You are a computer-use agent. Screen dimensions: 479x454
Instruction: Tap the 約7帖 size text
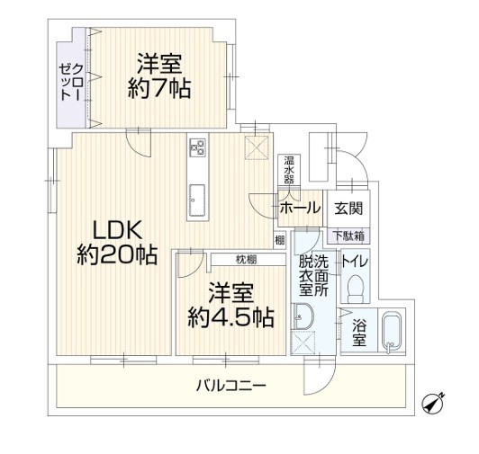[x=159, y=88]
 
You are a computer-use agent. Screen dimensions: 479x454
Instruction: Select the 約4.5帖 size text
[x=230, y=317]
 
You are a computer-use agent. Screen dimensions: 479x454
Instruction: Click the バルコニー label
[x=230, y=386]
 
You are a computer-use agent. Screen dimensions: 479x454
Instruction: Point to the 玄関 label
[x=348, y=209]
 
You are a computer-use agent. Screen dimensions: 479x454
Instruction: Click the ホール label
[x=301, y=208]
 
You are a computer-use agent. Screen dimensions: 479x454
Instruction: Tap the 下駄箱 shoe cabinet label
[x=348, y=236]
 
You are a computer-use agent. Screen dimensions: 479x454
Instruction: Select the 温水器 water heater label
[x=289, y=170]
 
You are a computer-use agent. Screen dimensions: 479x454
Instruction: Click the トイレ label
[x=355, y=262]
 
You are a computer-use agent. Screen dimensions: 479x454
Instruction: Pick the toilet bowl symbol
[x=356, y=289]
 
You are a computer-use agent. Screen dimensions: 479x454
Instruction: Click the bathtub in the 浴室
[x=392, y=333]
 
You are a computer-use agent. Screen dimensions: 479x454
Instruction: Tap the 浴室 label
[x=359, y=333]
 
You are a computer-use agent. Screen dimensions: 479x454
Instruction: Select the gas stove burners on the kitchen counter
[x=197, y=147]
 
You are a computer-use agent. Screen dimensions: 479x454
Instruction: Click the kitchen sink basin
[x=196, y=200]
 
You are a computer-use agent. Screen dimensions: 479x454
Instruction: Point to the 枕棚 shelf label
[x=246, y=260]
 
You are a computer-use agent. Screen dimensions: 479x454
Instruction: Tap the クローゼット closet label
[x=71, y=82]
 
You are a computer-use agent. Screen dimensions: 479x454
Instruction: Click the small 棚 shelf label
[x=279, y=240]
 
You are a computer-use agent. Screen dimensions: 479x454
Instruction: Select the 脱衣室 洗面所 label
[x=313, y=275]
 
